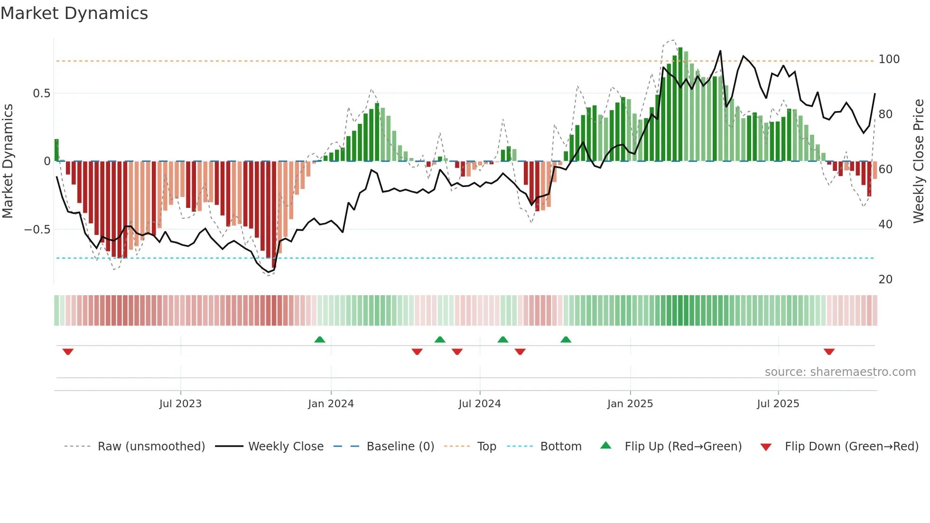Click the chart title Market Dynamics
[74, 13]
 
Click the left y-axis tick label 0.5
[42, 93]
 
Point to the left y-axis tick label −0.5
[37, 230]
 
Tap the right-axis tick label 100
[889, 59]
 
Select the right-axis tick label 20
[885, 280]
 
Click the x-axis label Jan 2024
[331, 404]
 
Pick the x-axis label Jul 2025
[778, 404]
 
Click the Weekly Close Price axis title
[919, 161]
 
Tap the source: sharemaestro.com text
[840, 372]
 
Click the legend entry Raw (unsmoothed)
[151, 447]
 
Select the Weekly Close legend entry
[286, 447]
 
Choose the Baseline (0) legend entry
[400, 447]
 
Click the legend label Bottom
[560, 447]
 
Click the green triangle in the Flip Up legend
[606, 446]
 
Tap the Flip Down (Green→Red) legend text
[851, 447]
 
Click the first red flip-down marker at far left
[68, 352]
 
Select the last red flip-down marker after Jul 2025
[829, 352]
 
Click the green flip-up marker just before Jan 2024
[320, 339]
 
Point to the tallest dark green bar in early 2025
[680, 104]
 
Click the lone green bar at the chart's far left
[57, 150]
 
